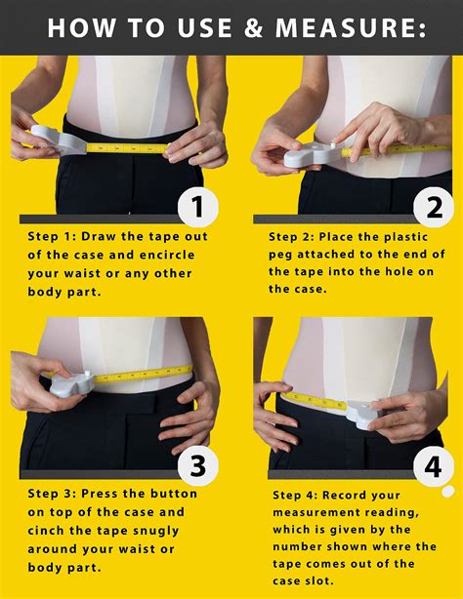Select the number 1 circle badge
pos(198,206)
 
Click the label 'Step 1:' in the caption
pos(54,237)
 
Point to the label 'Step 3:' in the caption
pos(54,495)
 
